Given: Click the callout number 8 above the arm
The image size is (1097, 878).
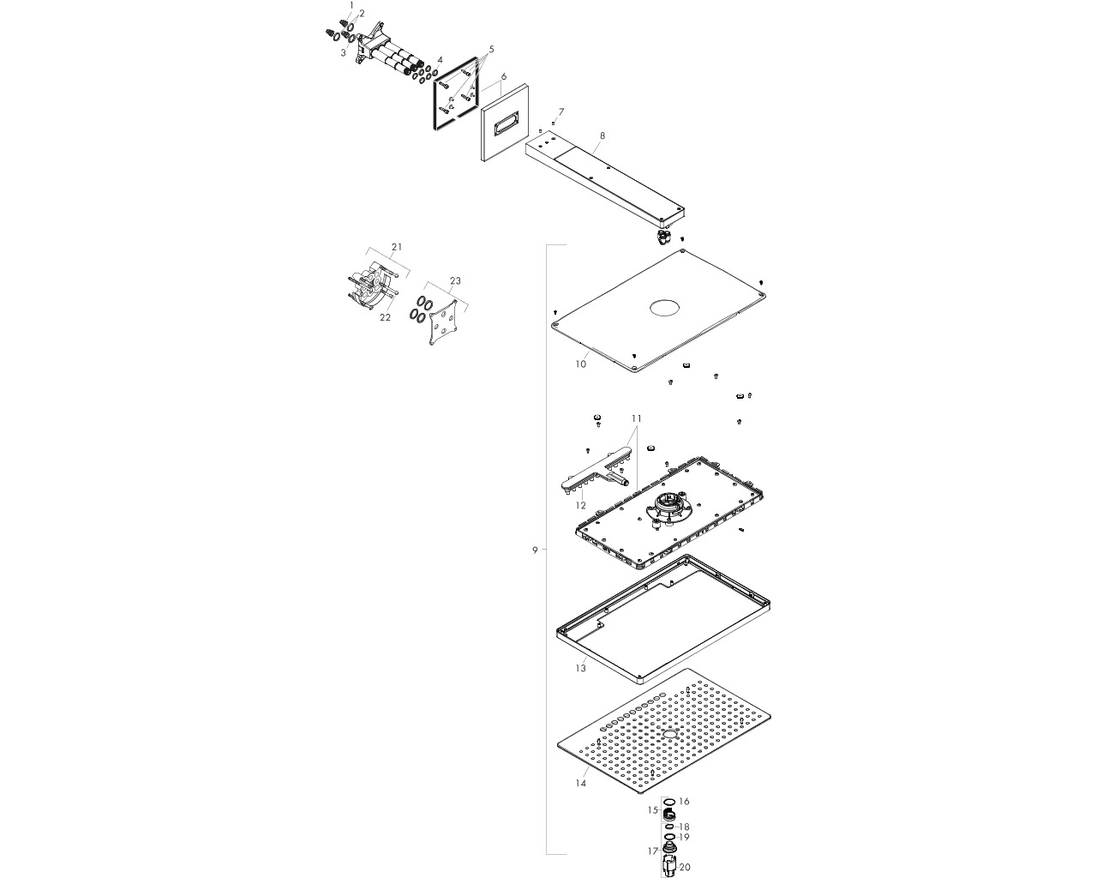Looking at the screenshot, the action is (602, 135).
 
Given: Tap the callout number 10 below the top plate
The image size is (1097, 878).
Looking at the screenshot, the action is (580, 364).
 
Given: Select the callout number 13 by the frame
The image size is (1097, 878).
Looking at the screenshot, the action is (580, 668).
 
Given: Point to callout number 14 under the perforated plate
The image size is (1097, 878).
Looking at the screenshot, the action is (580, 783).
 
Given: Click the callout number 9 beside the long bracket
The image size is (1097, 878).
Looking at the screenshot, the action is (535, 550).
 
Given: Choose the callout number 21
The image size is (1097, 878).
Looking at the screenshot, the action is (397, 247).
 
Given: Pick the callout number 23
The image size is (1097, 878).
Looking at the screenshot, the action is (455, 280).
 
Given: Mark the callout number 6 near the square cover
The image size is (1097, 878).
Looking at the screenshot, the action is (504, 76).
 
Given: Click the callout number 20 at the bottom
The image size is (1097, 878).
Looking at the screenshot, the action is (685, 867).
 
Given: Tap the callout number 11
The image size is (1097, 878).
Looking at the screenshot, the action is (636, 418).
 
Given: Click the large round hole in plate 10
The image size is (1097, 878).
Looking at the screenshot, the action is (665, 308).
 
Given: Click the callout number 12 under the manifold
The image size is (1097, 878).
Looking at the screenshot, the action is (580, 506).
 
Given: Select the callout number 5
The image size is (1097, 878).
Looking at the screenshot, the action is (491, 49).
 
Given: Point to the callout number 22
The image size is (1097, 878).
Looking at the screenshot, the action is (385, 317).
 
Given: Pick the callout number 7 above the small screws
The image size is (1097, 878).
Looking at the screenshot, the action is (561, 111).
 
